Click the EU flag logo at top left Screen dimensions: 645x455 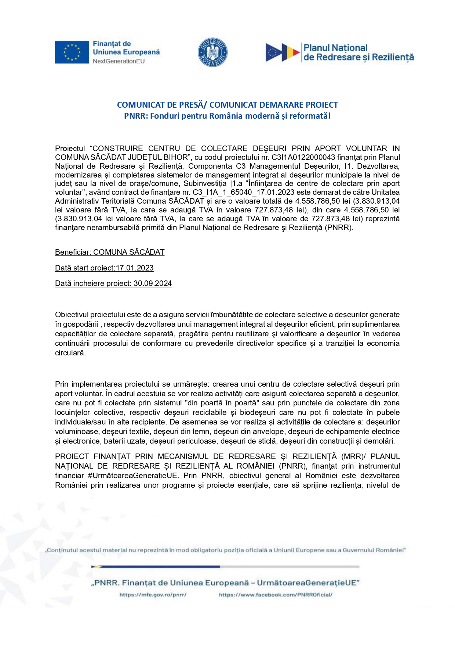[72, 52]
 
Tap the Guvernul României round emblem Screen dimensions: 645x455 [213, 52]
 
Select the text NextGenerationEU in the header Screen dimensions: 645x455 [119, 61]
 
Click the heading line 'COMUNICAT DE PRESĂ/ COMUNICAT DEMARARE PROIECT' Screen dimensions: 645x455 [227, 105]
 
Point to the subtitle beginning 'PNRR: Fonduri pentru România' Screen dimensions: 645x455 [227, 116]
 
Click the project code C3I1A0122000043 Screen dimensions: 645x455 [303, 157]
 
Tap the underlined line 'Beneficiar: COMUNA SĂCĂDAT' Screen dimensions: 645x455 [110, 252]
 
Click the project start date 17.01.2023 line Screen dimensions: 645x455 [104, 268]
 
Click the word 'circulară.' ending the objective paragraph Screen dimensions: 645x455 [70, 353]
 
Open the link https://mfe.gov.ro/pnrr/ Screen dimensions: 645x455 [153, 595]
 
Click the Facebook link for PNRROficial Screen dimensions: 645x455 [276, 595]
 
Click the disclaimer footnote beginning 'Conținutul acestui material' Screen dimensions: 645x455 [225, 550]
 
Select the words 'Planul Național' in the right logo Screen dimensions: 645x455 [335, 48]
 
